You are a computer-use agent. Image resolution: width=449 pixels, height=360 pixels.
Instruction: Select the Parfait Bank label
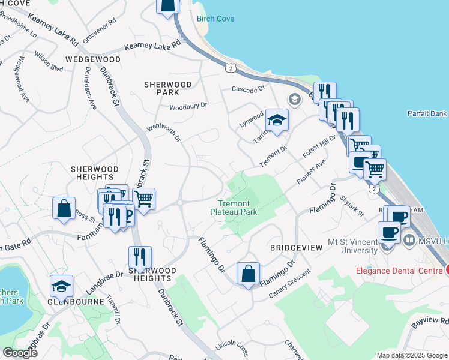(x=427, y=113)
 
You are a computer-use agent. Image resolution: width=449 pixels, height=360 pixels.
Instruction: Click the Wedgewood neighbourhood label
(x=93, y=60)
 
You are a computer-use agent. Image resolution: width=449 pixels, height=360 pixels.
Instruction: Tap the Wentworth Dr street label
(x=164, y=134)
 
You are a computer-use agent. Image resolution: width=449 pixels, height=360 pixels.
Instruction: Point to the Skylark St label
(x=352, y=206)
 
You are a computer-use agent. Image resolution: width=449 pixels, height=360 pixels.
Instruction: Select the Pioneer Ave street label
(x=312, y=172)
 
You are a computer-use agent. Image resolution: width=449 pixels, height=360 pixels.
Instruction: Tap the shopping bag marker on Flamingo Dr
(x=248, y=274)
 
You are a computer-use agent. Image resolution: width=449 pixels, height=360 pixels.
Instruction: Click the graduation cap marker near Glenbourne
(x=61, y=287)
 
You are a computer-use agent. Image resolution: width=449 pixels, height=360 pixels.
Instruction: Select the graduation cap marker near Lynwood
(x=277, y=120)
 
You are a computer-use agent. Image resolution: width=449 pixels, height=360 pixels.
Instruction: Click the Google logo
(x=20, y=353)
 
